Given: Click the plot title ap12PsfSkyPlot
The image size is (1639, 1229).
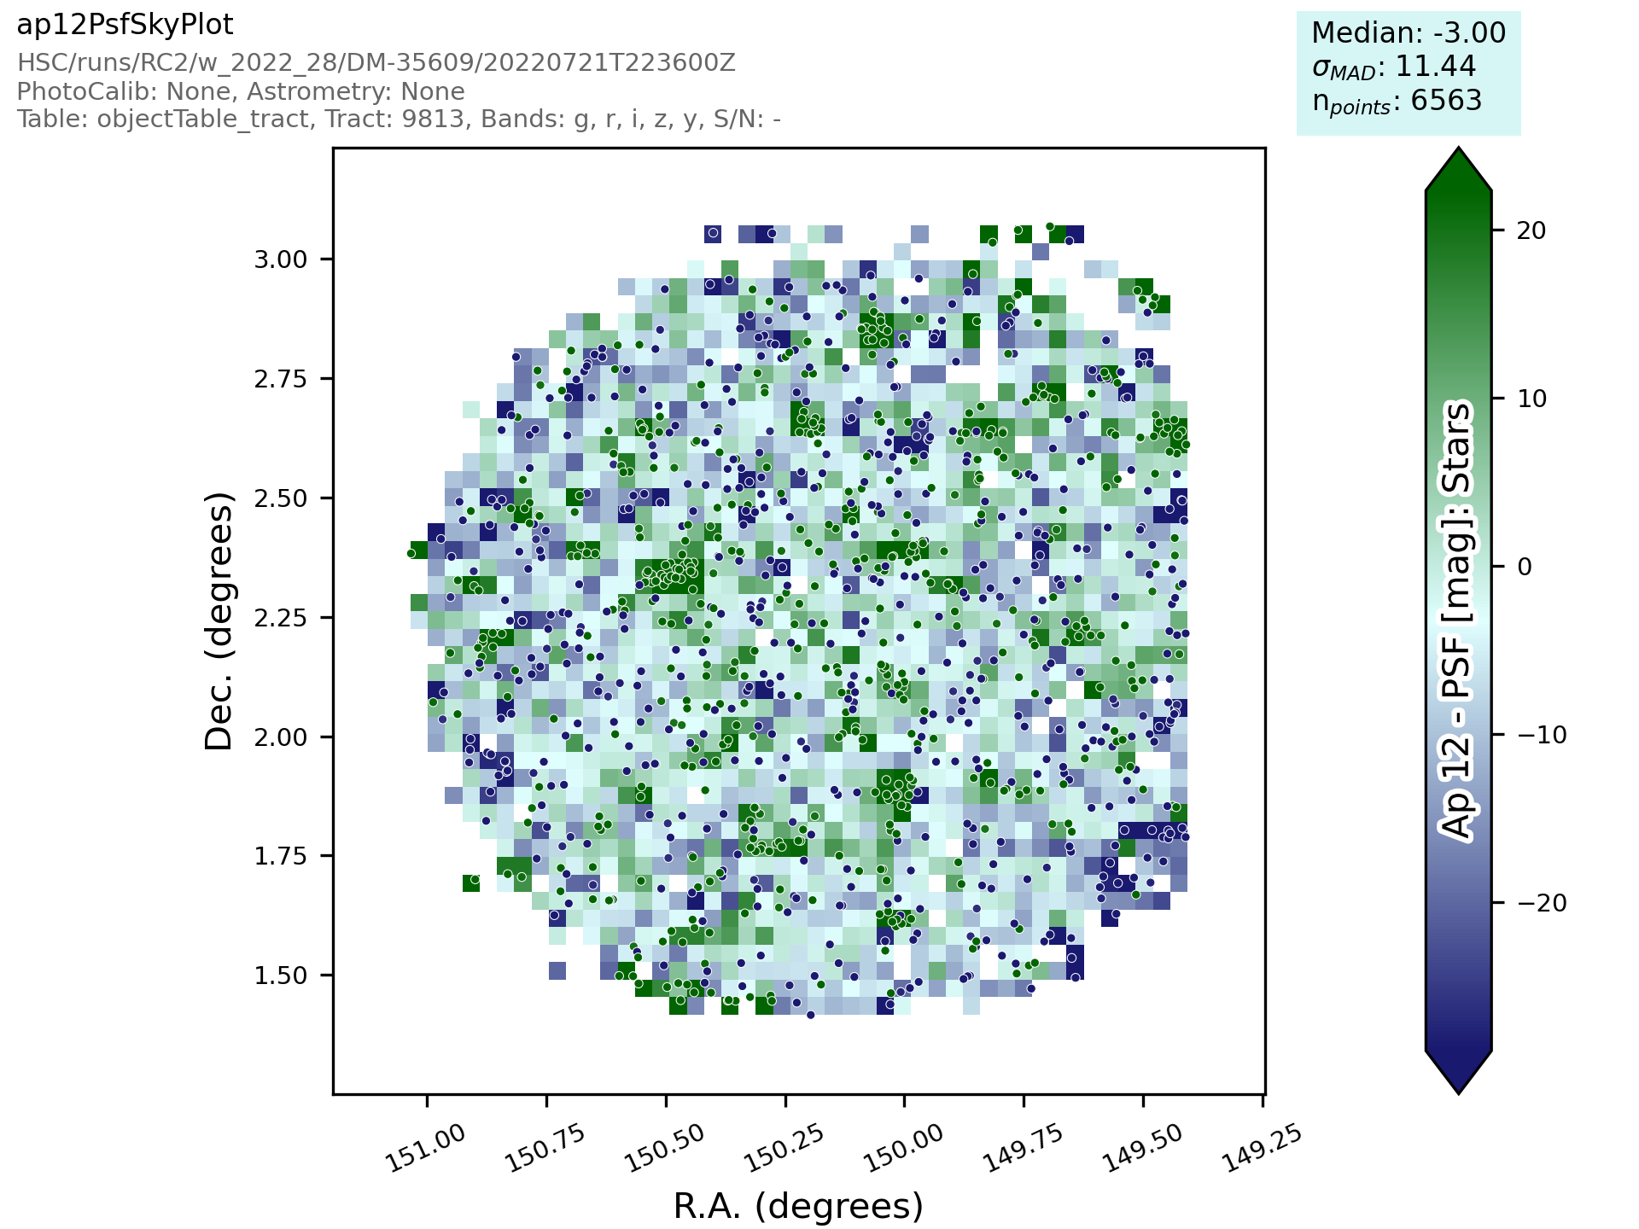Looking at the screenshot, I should [125, 26].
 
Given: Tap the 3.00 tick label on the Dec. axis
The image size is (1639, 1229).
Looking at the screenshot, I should [281, 259].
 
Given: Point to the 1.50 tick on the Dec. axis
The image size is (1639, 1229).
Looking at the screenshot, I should [281, 976].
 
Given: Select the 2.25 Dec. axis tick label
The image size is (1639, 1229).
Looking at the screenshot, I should [281, 618].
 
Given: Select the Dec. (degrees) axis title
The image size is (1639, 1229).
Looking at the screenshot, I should [219, 621].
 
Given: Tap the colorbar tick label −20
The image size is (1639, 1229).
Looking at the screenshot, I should [1537, 903].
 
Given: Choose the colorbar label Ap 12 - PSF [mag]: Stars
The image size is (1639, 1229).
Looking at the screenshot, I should [1457, 621].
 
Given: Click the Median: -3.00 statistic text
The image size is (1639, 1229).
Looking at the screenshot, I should [1409, 33].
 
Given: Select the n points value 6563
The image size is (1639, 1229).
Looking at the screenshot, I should [1446, 101].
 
